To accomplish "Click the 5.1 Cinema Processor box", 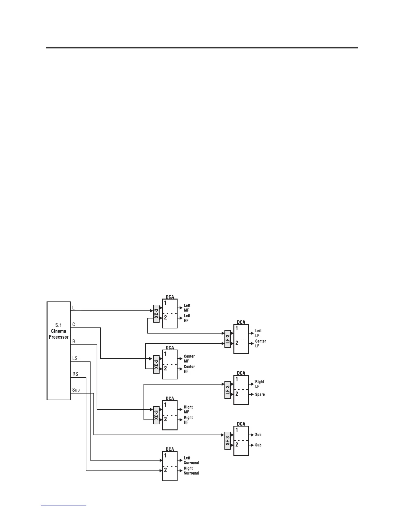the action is (59, 351).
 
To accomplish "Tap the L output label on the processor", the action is (73, 308).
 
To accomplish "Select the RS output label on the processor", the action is (75, 374).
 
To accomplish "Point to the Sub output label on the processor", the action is (76, 390).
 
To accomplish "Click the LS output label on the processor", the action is (75, 358).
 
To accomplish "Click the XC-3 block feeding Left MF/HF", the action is (156, 313).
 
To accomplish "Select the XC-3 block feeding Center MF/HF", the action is (156, 364).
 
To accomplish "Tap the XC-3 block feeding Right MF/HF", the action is (156, 415).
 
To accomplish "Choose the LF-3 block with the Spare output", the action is (228, 390).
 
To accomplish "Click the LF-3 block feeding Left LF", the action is (228, 339).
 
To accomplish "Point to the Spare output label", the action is (260, 394).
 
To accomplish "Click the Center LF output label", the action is (260, 343).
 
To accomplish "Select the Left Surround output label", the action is (191, 460).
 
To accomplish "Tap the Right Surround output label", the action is (191, 470).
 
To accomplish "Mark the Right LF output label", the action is (259, 384).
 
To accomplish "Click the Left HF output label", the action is (187, 318).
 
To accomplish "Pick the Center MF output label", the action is (189, 359).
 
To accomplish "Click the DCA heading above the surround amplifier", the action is (170, 449).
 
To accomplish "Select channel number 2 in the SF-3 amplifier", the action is (237, 444).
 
